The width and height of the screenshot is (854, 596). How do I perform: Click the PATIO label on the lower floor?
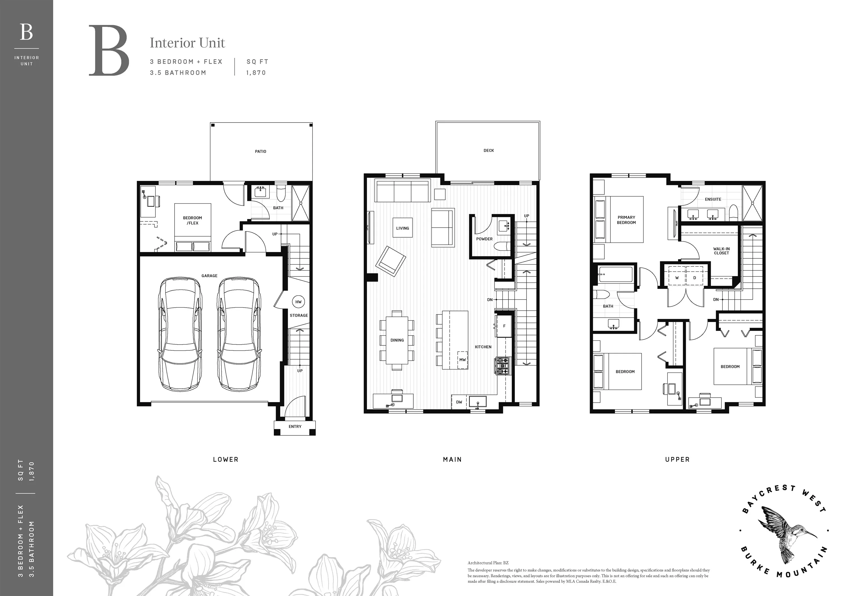pyautogui.click(x=260, y=151)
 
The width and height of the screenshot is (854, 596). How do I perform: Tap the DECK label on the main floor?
pyautogui.click(x=489, y=151)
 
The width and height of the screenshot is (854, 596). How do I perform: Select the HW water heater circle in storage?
pyautogui.click(x=298, y=302)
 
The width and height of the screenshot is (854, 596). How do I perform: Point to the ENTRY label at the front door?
pyautogui.click(x=295, y=427)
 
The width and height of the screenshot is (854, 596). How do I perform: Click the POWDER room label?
pyautogui.click(x=484, y=239)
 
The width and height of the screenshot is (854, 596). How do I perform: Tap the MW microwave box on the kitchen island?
pyautogui.click(x=462, y=360)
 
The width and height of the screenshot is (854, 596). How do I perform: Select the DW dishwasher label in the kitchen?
pyautogui.click(x=459, y=402)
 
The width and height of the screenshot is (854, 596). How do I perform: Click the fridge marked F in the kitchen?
pyautogui.click(x=504, y=326)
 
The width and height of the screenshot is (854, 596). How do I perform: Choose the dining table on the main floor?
pyautogui.click(x=397, y=340)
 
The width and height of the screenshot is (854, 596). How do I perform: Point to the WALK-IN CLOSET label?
pyautogui.click(x=721, y=251)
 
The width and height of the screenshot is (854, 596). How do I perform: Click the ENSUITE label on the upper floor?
pyautogui.click(x=713, y=199)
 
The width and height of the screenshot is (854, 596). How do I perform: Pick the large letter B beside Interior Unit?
pyautogui.click(x=109, y=51)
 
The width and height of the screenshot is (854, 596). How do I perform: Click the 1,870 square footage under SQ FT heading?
pyautogui.click(x=256, y=73)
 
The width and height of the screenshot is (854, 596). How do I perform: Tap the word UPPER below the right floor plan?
pyautogui.click(x=677, y=460)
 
